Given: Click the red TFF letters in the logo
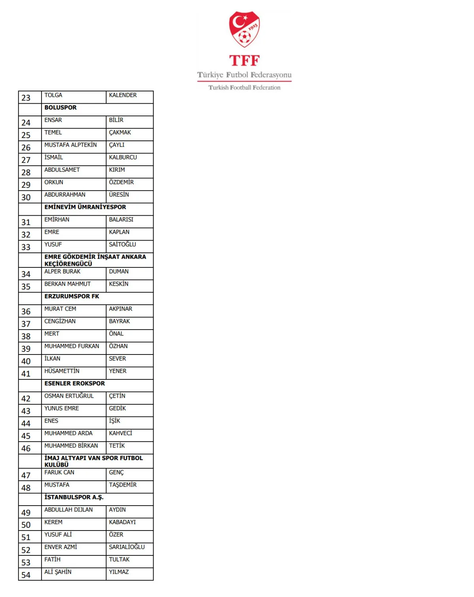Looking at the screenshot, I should click(245, 61).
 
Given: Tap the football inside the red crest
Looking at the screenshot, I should click(245, 38).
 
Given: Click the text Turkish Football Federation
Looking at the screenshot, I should click(245, 87).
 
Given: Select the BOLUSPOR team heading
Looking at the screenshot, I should click(60, 108).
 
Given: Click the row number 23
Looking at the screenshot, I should click(26, 98).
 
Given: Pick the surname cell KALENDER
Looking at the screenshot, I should click(123, 95).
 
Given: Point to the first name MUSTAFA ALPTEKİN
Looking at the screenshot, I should click(70, 145).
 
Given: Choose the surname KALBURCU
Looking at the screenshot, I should click(123, 157).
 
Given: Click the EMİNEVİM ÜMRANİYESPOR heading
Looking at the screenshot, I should click(85, 207).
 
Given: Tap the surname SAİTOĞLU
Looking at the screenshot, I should click(122, 244).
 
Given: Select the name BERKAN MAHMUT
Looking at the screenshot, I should click(68, 284).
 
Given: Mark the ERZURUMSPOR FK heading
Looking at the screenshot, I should click(72, 296).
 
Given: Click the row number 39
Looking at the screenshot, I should click(26, 349).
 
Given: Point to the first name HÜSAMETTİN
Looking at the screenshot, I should click(62, 371).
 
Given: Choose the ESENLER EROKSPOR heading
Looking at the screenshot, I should click(75, 383).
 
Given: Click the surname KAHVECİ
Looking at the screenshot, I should click(120, 433).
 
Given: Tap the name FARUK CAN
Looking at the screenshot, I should click(59, 472).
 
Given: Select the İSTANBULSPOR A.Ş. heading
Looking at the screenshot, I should click(74, 497).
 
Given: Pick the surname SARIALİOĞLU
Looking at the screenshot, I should click(127, 547).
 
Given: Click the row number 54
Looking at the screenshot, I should click(26, 575).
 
